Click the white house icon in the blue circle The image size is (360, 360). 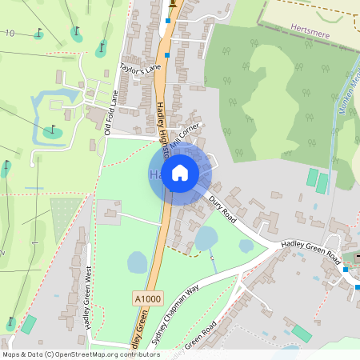[180, 173]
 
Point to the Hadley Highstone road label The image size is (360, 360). [163, 129]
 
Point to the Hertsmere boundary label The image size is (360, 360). [312, 26]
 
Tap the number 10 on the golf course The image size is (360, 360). [10, 33]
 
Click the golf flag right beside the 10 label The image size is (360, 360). [38, 34]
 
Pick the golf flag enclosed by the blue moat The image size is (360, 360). [53, 130]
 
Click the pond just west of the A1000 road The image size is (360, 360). [137, 262]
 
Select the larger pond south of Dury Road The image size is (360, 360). [206, 238]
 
